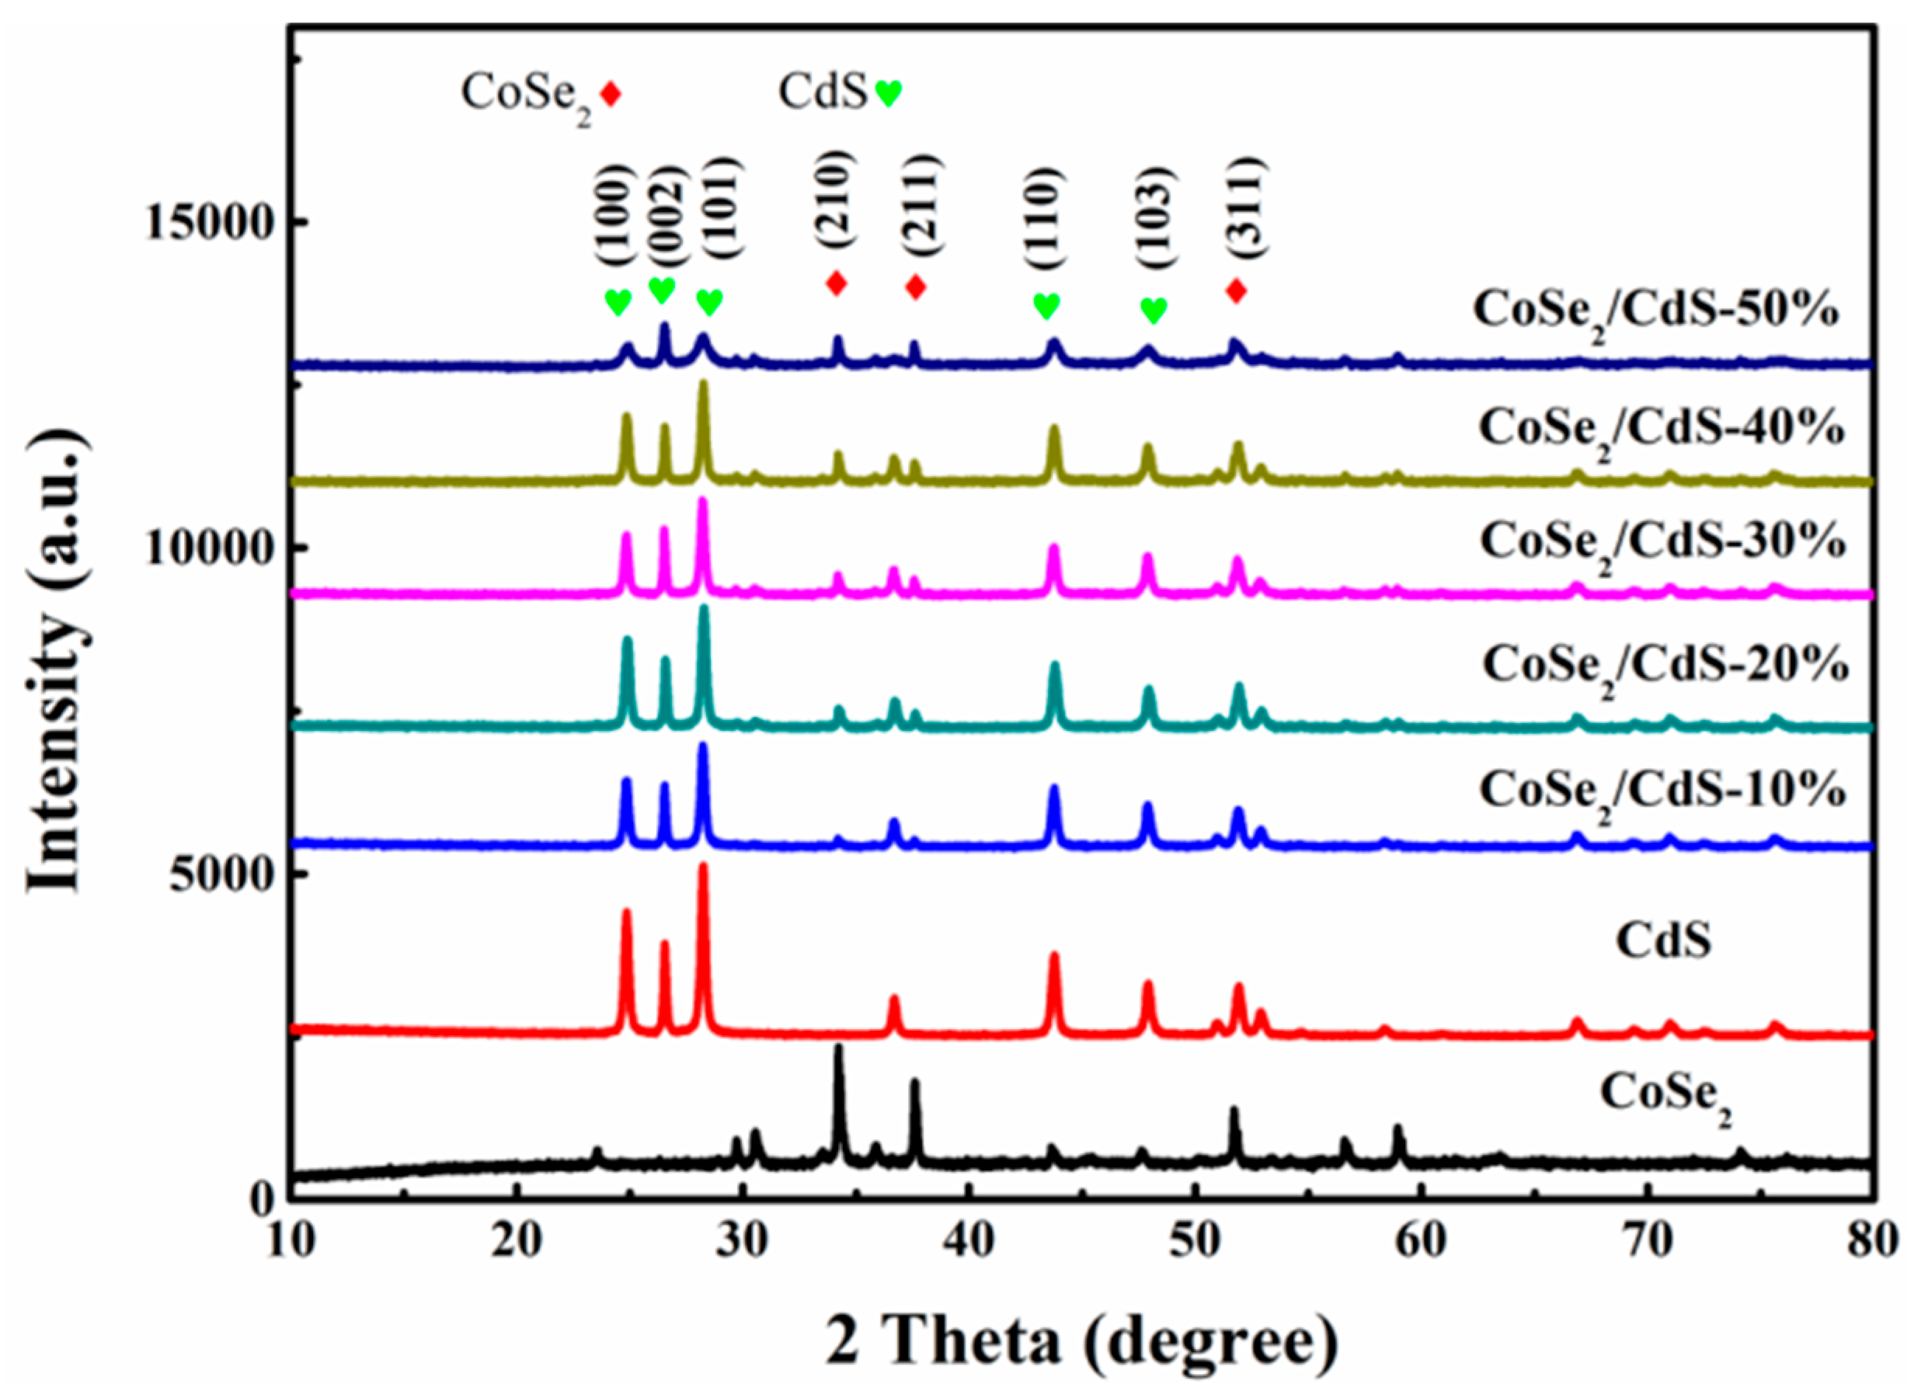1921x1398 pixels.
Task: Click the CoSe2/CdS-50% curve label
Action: tap(1656, 311)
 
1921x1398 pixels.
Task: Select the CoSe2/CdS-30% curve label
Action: tap(1662, 542)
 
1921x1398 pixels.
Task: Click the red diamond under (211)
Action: tap(915, 287)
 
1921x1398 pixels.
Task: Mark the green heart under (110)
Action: tap(1047, 306)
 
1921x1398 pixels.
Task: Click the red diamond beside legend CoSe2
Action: tap(611, 94)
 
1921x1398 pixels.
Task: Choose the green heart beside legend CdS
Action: tap(889, 93)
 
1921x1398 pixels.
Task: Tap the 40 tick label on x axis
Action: tap(968, 1242)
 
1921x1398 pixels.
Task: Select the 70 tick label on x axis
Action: tap(1648, 1242)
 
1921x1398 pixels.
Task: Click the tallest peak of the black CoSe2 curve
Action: tap(838, 1048)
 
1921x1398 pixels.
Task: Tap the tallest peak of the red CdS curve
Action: tap(703, 865)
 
